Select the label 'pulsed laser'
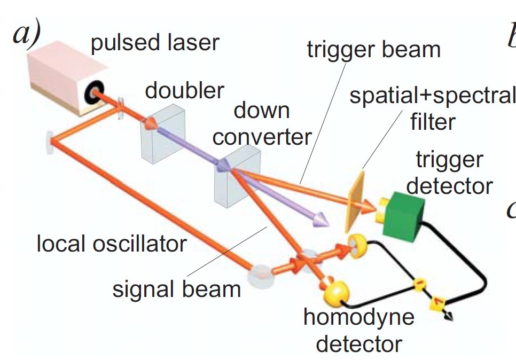[x=155, y=43]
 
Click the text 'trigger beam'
[x=374, y=50]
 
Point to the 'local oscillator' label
[x=112, y=244]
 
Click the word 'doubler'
[x=184, y=90]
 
